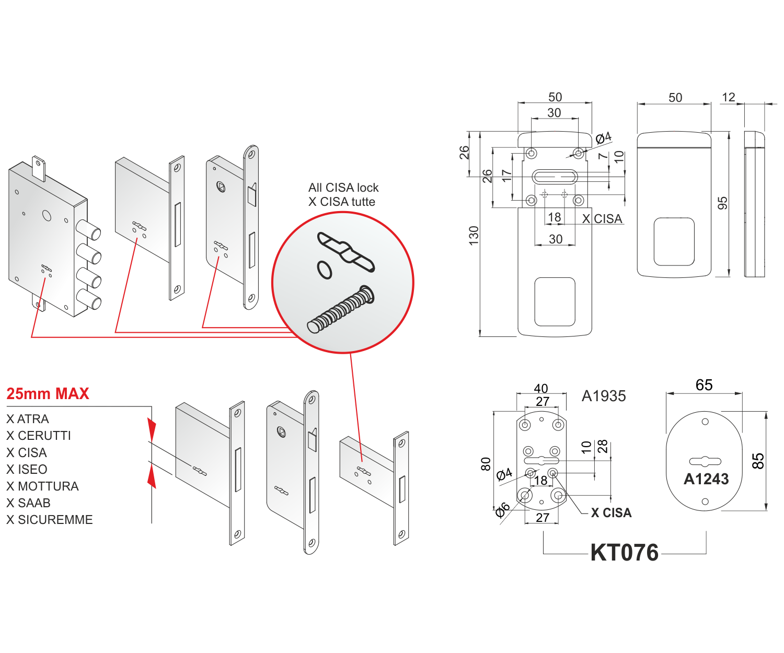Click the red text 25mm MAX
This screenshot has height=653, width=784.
pyautogui.click(x=48, y=393)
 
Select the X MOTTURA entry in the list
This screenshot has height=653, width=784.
pyautogui.click(x=42, y=486)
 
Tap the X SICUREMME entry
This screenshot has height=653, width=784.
pyautogui.click(x=50, y=519)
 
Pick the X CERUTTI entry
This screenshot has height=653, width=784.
pyautogui.click(x=39, y=435)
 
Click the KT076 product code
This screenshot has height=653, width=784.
pyautogui.click(x=624, y=553)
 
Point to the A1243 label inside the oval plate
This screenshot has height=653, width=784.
pyautogui.click(x=706, y=479)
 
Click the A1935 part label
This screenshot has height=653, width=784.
pyautogui.click(x=604, y=396)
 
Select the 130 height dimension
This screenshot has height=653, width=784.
pyautogui.click(x=474, y=235)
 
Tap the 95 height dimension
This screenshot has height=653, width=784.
pyautogui.click(x=722, y=203)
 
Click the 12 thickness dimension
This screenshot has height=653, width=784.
pyautogui.click(x=728, y=97)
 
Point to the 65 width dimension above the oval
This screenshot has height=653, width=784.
pyautogui.click(x=704, y=385)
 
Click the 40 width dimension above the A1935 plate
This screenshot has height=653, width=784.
pyautogui.click(x=541, y=388)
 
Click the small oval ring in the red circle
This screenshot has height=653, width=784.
pyautogui.click(x=325, y=270)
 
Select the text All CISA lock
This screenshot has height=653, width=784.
pyautogui.click(x=343, y=188)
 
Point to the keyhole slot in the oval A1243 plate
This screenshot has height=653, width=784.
pyautogui.click(x=705, y=461)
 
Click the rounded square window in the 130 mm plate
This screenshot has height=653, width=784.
pyautogui.click(x=555, y=301)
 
